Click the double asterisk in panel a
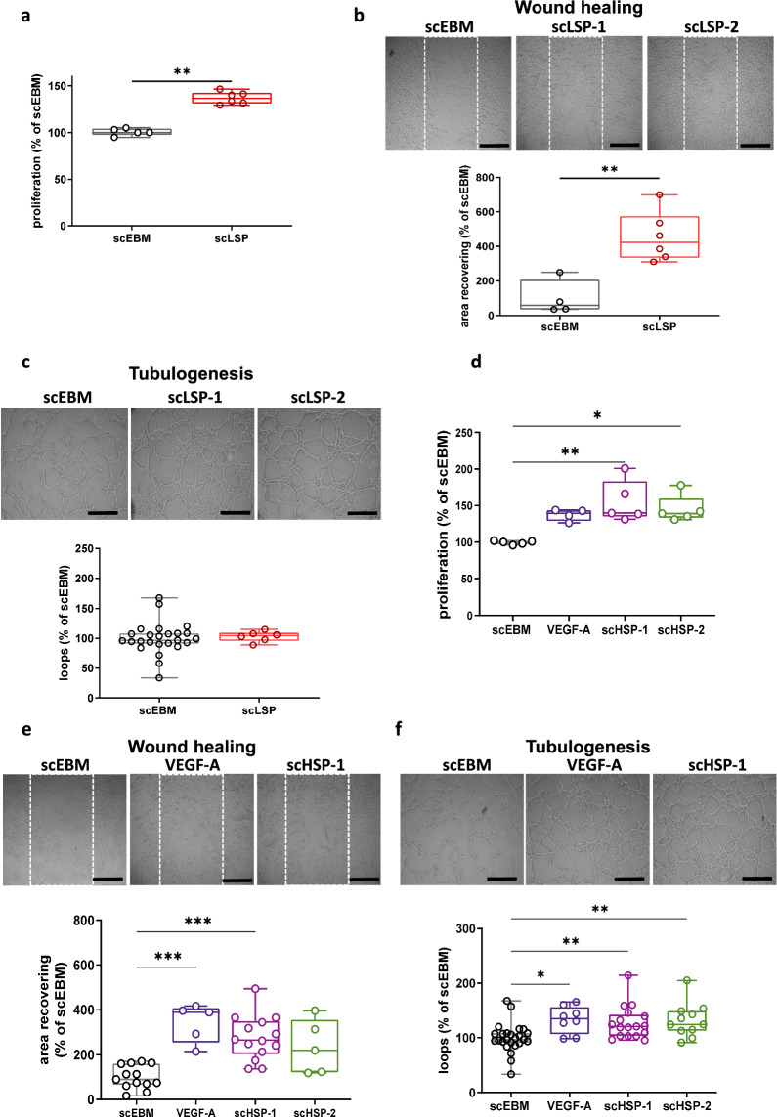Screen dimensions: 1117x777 click(x=182, y=72)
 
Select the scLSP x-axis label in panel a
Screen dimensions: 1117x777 click(x=232, y=237)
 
